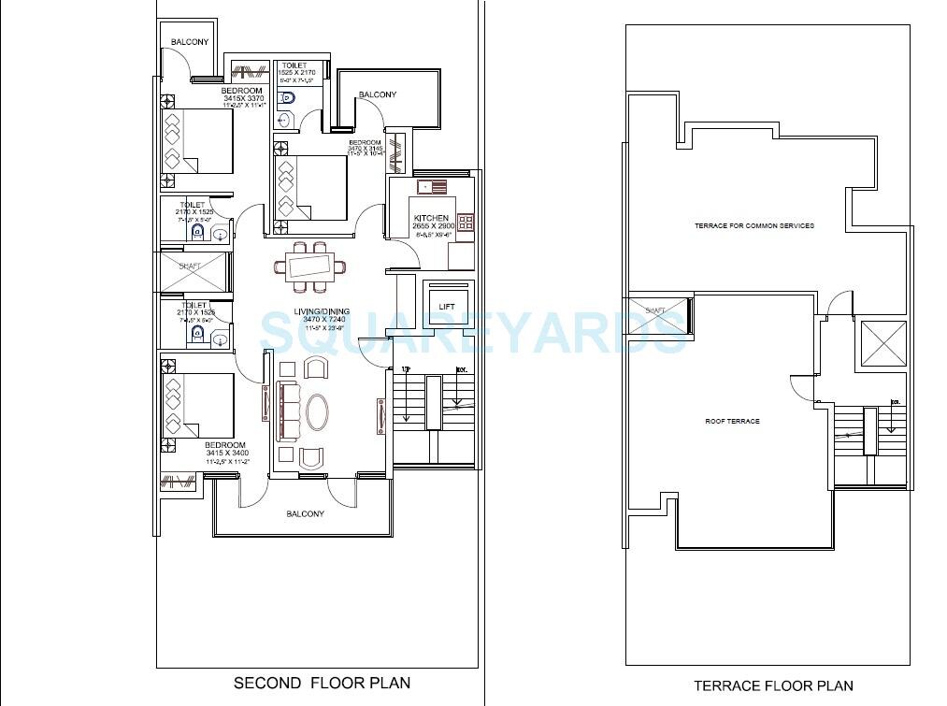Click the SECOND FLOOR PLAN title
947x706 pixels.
point(322,683)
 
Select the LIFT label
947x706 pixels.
point(447,306)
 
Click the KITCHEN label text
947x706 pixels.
point(432,219)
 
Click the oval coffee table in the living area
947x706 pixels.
point(318,411)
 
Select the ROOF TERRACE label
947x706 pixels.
point(732,422)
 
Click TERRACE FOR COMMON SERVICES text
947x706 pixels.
point(753,226)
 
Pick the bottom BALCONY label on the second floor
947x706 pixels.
point(306,513)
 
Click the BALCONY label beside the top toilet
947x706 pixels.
point(378,94)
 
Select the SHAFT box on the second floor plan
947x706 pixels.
point(194,270)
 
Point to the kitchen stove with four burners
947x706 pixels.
point(466,223)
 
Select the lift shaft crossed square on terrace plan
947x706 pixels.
point(882,343)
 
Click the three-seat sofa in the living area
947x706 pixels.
point(289,412)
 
